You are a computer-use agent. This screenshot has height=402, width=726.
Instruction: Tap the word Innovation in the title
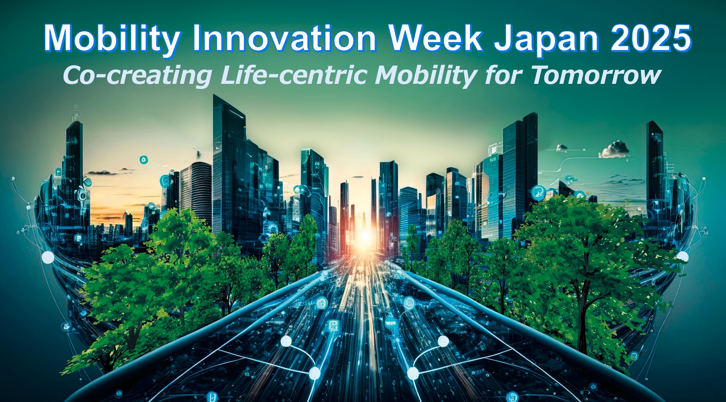pos(284,38)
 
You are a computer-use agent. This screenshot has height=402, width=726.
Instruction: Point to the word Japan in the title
pos(546,38)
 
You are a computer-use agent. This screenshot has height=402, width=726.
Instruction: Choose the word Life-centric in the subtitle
pos(295,75)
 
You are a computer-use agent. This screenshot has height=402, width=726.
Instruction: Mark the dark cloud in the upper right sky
pos(615,149)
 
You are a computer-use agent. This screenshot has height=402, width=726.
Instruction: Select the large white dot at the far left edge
pos(48,257)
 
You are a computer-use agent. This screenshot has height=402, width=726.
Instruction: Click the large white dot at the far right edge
pos(682,257)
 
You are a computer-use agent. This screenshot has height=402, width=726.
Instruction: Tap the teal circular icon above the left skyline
pos(143,160)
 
